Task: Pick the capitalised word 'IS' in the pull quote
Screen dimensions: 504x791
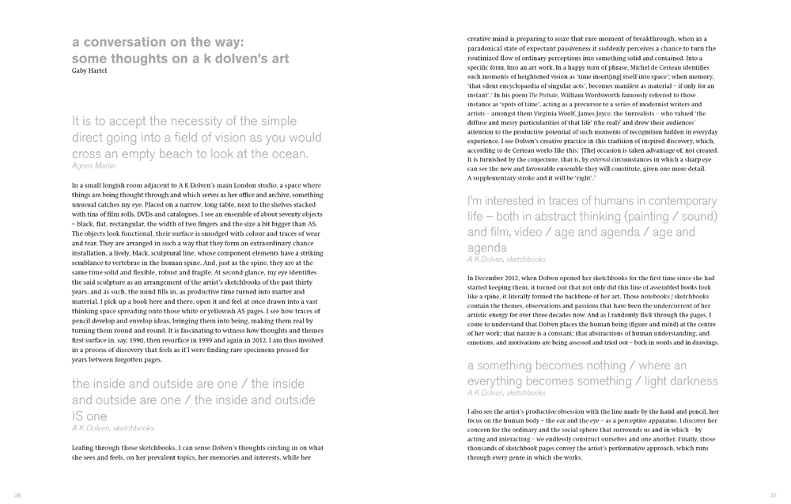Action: [x=79, y=415]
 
